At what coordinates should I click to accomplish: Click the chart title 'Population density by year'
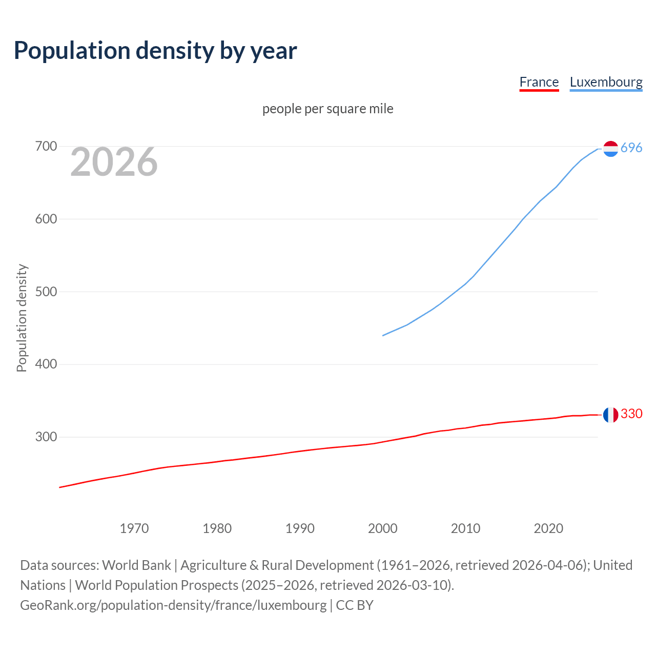[x=155, y=51]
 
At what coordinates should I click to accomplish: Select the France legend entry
[x=539, y=82]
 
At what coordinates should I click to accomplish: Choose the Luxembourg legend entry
[x=606, y=82]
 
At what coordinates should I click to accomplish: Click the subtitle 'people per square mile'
[x=328, y=109]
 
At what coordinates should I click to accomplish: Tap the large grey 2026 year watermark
[x=114, y=162]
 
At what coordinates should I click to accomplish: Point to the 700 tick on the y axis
[x=46, y=147]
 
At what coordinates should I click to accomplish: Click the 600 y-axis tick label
[x=46, y=219]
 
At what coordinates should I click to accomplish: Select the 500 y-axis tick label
[x=46, y=292]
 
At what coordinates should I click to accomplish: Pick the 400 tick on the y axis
[x=46, y=364]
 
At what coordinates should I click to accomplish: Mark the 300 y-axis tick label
[x=46, y=437]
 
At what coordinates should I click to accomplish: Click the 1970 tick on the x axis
[x=134, y=528]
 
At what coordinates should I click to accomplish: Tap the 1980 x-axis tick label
[x=217, y=528]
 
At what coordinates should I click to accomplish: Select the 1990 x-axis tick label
[x=300, y=528]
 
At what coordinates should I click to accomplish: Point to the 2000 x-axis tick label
[x=383, y=528]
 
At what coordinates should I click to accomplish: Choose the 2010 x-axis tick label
[x=465, y=528]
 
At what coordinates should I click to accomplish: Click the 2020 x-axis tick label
[x=548, y=528]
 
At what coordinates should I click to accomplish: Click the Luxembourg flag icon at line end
[x=610, y=149]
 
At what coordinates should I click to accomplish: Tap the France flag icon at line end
[x=610, y=415]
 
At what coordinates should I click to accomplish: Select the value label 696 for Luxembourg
[x=631, y=148]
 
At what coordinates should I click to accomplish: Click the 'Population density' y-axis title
[x=22, y=318]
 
